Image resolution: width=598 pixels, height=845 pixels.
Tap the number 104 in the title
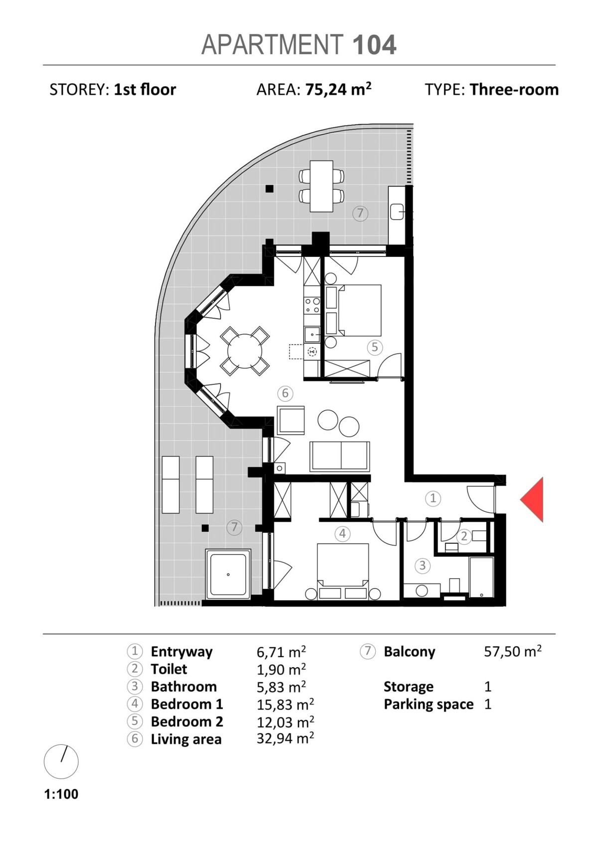point(374,45)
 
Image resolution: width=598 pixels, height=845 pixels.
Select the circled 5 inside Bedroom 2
point(375,347)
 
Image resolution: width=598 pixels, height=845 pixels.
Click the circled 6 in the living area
point(285,393)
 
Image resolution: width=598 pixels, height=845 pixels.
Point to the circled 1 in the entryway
point(433,498)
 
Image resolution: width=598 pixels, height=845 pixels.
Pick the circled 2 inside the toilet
point(464,536)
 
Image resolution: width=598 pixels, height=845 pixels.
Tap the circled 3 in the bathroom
point(423,566)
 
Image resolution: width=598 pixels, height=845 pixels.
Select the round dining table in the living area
point(245,351)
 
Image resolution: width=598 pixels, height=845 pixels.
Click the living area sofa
point(340,457)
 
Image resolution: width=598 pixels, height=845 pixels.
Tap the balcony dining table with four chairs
point(321,186)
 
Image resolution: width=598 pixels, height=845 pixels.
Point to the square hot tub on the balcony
point(228,574)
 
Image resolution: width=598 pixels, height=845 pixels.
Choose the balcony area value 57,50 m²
point(513,651)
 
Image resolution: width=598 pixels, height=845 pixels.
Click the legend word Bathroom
point(184,687)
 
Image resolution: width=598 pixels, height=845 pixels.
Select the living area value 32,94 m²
point(286,738)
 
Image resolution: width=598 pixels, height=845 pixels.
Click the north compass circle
point(61,762)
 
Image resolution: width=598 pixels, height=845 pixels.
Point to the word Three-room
point(514,90)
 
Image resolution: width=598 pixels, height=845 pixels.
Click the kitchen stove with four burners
point(312,305)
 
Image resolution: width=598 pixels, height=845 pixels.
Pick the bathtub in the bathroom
point(481,578)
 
